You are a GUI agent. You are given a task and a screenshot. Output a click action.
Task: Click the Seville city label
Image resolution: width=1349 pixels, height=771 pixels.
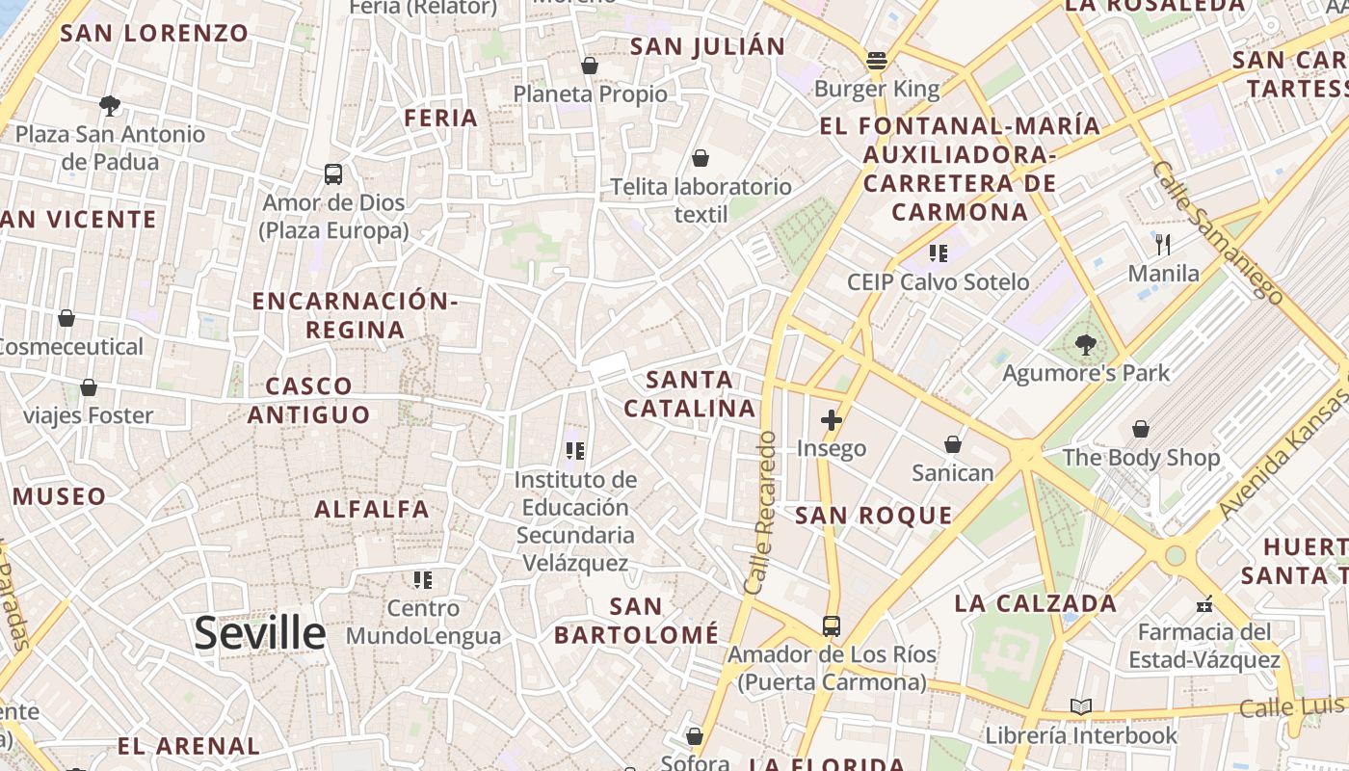coord(259,633)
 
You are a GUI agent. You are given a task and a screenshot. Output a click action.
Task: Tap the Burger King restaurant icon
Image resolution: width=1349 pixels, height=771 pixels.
coord(876,61)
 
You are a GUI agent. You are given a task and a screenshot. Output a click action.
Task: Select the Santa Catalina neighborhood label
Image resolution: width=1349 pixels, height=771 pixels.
coord(689,394)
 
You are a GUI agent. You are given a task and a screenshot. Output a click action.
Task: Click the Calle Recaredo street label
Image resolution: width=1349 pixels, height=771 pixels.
coord(760,513)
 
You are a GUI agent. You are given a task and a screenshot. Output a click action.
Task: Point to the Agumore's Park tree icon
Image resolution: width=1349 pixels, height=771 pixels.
coord(1086,344)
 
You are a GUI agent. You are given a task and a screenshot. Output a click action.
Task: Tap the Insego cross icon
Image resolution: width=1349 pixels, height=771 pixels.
coord(831,420)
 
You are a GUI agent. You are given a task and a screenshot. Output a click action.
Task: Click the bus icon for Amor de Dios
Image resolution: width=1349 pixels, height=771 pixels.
coord(333,174)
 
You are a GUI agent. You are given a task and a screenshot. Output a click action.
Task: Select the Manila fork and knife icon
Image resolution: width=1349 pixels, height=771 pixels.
coord(1163,245)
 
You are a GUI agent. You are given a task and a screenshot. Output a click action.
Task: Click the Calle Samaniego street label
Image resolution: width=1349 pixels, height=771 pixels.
coord(1217,231)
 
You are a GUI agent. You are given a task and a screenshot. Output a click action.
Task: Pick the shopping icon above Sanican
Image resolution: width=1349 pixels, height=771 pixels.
coord(952,444)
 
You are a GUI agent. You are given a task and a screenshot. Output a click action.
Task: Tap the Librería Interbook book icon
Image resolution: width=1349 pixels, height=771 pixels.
coord(1081,707)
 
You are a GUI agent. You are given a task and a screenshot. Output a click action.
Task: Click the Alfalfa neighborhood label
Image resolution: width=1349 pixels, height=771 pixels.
coord(372,509)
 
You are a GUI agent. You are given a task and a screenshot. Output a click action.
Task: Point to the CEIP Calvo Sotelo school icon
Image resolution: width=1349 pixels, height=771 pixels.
coord(938,253)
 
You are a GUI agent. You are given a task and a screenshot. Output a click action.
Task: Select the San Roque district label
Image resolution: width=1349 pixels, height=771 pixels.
coord(873,516)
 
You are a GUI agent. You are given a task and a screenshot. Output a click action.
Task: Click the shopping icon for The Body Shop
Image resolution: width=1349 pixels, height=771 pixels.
coord(1141,429)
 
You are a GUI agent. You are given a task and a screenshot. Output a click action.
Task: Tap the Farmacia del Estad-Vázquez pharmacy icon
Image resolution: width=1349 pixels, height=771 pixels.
coord(1204,604)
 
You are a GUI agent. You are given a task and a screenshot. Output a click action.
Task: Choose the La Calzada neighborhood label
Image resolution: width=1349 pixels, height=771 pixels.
coord(1035,604)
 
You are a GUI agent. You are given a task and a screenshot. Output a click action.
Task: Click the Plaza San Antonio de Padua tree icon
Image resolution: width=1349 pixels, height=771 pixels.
coord(110,105)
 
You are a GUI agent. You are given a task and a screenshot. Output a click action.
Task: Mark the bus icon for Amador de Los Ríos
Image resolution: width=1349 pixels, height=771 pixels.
coord(831,626)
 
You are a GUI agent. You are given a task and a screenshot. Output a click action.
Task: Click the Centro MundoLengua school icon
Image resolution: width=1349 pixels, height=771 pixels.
coord(423,580)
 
